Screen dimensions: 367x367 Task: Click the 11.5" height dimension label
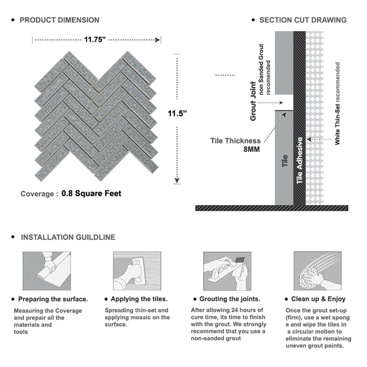(x=178, y=113)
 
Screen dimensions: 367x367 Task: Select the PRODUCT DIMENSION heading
(x=59, y=20)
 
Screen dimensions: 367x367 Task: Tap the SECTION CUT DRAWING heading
(x=303, y=20)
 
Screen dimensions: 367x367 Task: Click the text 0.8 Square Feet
(x=91, y=193)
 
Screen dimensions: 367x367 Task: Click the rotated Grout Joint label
(x=253, y=101)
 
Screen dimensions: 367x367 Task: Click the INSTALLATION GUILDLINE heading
(x=68, y=237)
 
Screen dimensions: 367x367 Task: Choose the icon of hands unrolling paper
(x=46, y=271)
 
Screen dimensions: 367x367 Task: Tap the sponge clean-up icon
(x=317, y=271)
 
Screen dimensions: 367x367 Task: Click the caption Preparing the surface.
(x=52, y=299)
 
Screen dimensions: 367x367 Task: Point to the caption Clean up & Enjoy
(x=322, y=299)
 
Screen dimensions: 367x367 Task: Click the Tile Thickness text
(x=235, y=141)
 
